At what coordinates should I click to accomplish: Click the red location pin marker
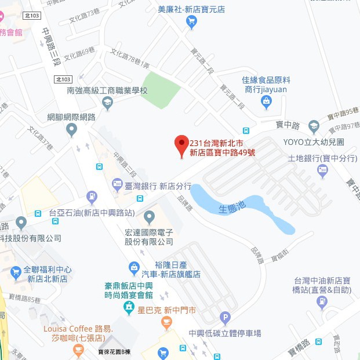pos(181,144)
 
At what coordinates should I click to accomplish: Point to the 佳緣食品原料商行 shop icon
pos(266,103)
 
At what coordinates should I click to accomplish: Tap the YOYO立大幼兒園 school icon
pos(314,127)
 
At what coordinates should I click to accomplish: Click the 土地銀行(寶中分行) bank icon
pos(323,171)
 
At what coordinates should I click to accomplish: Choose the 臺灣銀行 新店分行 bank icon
pos(115,186)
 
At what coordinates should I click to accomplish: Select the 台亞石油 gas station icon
pos(91,198)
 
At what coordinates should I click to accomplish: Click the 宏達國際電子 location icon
pos(150,219)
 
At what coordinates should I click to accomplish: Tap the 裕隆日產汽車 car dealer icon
pos(134,268)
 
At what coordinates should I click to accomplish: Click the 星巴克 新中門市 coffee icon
pos(129,310)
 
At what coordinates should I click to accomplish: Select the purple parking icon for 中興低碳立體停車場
pos(225,318)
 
